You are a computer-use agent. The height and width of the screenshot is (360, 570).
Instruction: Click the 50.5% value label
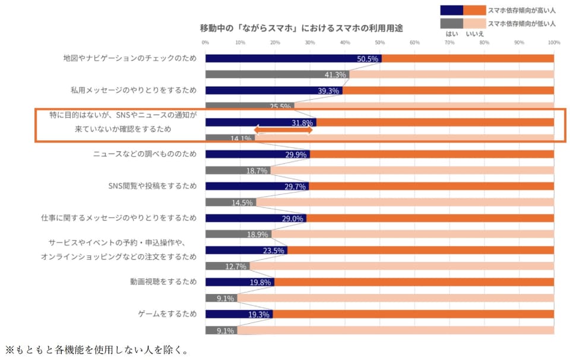click(368, 59)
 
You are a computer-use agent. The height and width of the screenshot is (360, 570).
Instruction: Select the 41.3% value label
click(335, 75)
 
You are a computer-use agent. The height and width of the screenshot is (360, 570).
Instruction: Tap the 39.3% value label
click(328, 91)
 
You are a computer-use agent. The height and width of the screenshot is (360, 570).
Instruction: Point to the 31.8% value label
click(302, 123)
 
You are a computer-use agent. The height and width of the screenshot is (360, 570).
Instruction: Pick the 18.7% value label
click(256, 170)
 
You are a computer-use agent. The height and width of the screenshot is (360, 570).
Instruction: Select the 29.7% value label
click(295, 187)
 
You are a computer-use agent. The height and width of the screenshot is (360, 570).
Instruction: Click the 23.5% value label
click(273, 250)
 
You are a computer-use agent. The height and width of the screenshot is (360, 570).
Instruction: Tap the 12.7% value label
click(236, 266)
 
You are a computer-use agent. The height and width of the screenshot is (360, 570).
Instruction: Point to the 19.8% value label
click(260, 282)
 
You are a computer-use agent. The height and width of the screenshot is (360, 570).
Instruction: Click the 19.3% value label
click(259, 314)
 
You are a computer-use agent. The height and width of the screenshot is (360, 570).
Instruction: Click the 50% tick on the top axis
click(379, 43)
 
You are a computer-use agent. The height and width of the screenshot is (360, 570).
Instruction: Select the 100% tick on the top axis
click(554, 43)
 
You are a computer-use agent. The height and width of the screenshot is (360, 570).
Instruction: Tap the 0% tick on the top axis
click(205, 43)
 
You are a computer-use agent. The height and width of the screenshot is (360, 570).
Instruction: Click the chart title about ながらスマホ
click(302, 28)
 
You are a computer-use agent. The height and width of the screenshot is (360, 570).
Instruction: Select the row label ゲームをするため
click(163, 314)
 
